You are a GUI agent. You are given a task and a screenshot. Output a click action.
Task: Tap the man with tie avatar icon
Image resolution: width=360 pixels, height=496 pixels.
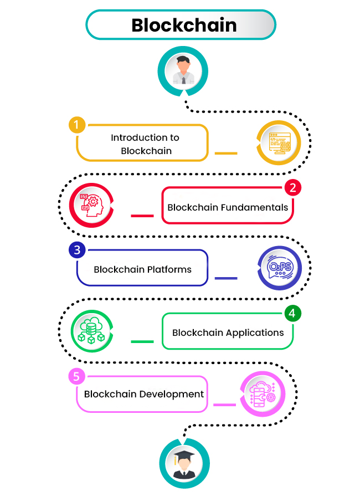[183, 70]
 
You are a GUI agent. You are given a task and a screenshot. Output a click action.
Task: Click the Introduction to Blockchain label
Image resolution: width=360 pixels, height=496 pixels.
[145, 144]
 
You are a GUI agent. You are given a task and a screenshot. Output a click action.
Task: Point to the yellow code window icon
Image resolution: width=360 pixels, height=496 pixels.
[279, 144]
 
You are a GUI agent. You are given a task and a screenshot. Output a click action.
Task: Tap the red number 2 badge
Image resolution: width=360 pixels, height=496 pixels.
[292, 187]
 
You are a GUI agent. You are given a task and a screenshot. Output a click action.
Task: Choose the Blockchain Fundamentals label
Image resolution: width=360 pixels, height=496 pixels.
[228, 207]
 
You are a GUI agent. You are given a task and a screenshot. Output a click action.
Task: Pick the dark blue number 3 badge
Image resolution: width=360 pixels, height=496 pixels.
[77, 250]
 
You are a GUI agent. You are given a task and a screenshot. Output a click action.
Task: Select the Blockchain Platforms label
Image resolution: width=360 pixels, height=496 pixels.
[142, 270]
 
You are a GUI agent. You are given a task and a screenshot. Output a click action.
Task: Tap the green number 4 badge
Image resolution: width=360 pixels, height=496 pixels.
[292, 313]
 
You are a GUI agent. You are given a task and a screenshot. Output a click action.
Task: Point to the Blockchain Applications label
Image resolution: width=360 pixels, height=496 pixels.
[228, 333]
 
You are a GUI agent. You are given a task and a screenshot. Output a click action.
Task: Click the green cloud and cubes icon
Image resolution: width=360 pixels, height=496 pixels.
[91, 331]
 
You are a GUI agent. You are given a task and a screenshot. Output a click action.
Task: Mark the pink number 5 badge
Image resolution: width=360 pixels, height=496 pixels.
[77, 377]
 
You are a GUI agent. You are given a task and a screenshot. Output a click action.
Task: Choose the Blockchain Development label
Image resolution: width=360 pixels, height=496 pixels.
[144, 394]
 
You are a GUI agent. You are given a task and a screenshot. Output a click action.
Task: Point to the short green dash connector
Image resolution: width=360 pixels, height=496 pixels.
[142, 341]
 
